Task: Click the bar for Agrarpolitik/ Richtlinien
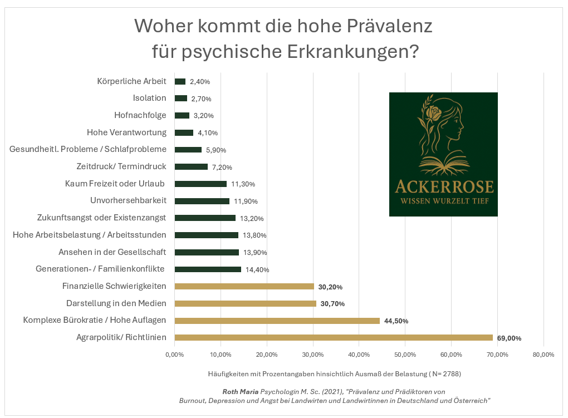coord(334,337)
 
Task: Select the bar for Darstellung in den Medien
coord(245,303)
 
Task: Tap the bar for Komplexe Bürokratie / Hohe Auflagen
coord(277,321)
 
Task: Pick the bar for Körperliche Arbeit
coord(180,81)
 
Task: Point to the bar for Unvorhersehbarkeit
coord(202,201)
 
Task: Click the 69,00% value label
coord(509,338)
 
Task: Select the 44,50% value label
coord(396,321)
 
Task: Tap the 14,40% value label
coord(257,270)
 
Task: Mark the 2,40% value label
coord(200,82)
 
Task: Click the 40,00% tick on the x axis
coord(359,355)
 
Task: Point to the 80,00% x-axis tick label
coord(543,355)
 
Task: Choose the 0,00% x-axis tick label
coord(175,355)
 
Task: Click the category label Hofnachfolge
coord(140,115)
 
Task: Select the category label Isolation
coord(149,98)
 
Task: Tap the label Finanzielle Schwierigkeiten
coord(114,286)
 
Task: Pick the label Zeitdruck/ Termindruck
coord(121,166)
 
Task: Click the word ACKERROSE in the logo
coord(443,186)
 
